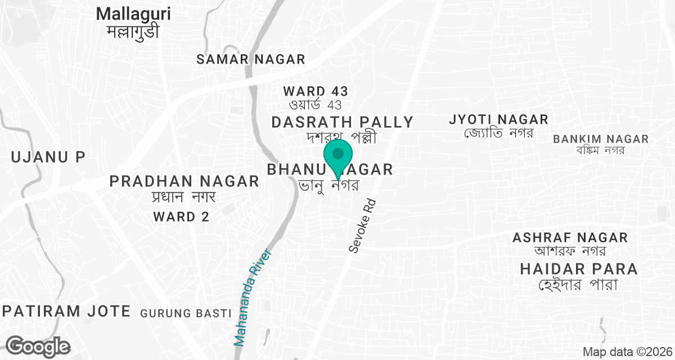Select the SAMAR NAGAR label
point(251,59)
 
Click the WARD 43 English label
point(316,91)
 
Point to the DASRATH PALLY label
point(343,122)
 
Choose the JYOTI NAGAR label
point(498,119)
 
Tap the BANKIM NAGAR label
point(601,139)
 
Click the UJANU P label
point(47,157)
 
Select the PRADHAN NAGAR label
point(184,181)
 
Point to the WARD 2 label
point(182,217)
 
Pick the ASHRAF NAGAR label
point(570,237)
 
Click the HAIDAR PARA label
point(579,269)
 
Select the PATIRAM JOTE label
point(66,311)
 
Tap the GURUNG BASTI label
point(186,313)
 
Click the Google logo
point(39,346)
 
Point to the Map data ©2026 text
point(627,352)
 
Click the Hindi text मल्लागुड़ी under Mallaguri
point(133,31)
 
